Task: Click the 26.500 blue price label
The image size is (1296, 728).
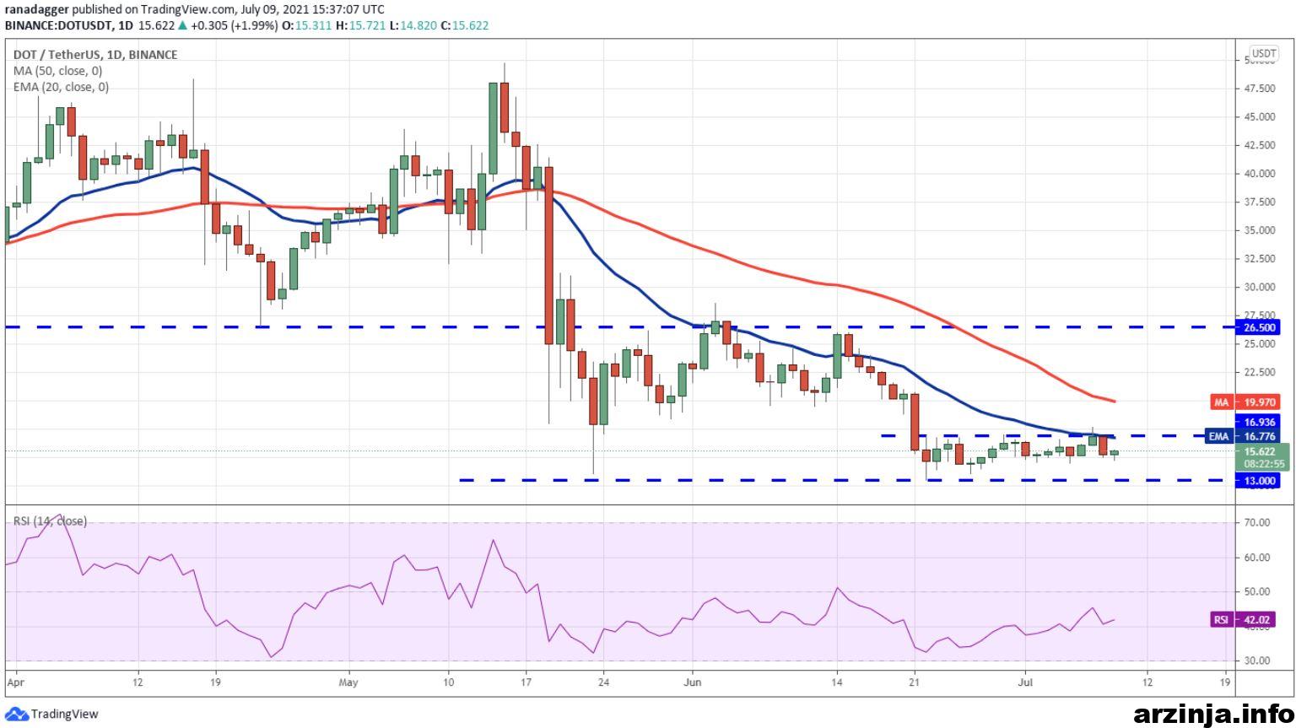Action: click(1258, 327)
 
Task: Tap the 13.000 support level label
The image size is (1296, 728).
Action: click(1258, 481)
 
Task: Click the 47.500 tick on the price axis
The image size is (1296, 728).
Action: click(1259, 89)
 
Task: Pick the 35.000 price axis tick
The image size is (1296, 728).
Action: click(1259, 230)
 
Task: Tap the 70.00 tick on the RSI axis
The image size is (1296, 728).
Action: click(1257, 523)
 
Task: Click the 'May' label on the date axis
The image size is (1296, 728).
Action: click(348, 682)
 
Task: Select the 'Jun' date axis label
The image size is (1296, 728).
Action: click(693, 682)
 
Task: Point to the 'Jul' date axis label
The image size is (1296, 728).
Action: click(1025, 682)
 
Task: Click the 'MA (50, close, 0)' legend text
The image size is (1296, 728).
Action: click(58, 71)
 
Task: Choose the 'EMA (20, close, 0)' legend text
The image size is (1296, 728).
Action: click(61, 88)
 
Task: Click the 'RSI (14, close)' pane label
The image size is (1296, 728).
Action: click(50, 521)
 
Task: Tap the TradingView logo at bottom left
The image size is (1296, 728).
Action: click(51, 715)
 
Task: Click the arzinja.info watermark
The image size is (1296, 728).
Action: click(1213, 715)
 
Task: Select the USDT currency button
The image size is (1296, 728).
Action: click(1264, 54)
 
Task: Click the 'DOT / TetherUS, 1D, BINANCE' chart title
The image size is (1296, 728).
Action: click(95, 55)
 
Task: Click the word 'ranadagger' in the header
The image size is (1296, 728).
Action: click(37, 9)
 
